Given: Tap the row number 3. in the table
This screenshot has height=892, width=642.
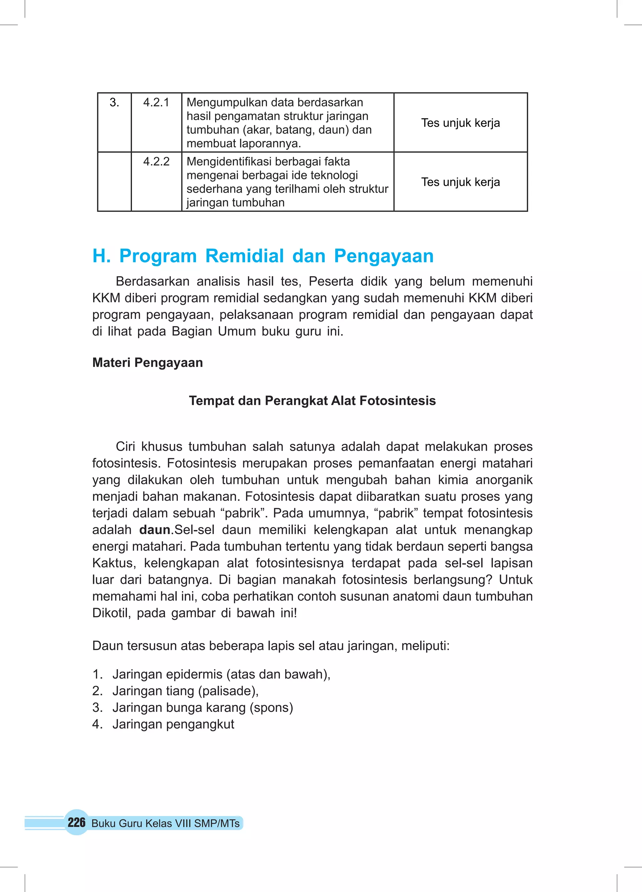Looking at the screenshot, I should click(114, 103).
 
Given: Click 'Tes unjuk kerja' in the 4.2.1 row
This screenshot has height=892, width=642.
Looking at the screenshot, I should click(460, 123).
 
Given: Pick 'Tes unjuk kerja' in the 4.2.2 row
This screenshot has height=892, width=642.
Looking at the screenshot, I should click(460, 182).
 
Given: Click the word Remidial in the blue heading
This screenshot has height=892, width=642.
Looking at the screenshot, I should click(245, 256).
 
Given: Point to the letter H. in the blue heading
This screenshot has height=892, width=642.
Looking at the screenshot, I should click(101, 256).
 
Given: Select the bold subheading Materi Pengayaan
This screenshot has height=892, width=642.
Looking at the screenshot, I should click(147, 362).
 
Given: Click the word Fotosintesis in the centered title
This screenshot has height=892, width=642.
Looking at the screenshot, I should click(397, 400).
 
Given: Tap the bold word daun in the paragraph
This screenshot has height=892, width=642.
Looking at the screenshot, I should click(155, 530).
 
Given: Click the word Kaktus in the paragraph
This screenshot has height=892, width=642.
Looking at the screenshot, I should click(113, 563).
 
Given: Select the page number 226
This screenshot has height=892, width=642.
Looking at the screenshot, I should click(76, 822).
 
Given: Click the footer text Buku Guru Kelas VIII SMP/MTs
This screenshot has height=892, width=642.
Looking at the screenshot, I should click(166, 823).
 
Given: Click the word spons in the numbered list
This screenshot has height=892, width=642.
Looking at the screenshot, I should click(271, 707).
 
